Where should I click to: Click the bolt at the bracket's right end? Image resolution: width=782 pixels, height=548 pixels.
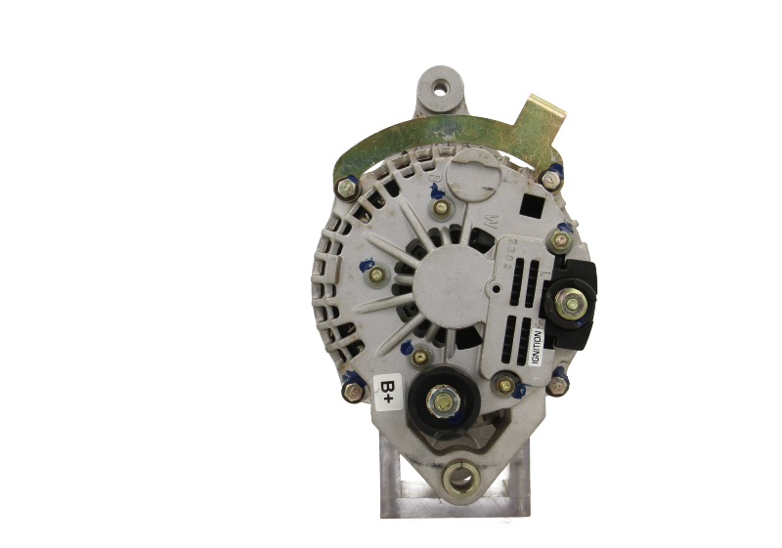coord(552,179)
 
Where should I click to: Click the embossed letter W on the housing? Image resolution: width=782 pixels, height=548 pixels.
coord(483,214)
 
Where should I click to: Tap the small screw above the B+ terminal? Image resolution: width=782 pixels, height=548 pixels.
coord(422,358)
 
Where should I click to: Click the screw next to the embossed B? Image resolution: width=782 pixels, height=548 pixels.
coord(441,208)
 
